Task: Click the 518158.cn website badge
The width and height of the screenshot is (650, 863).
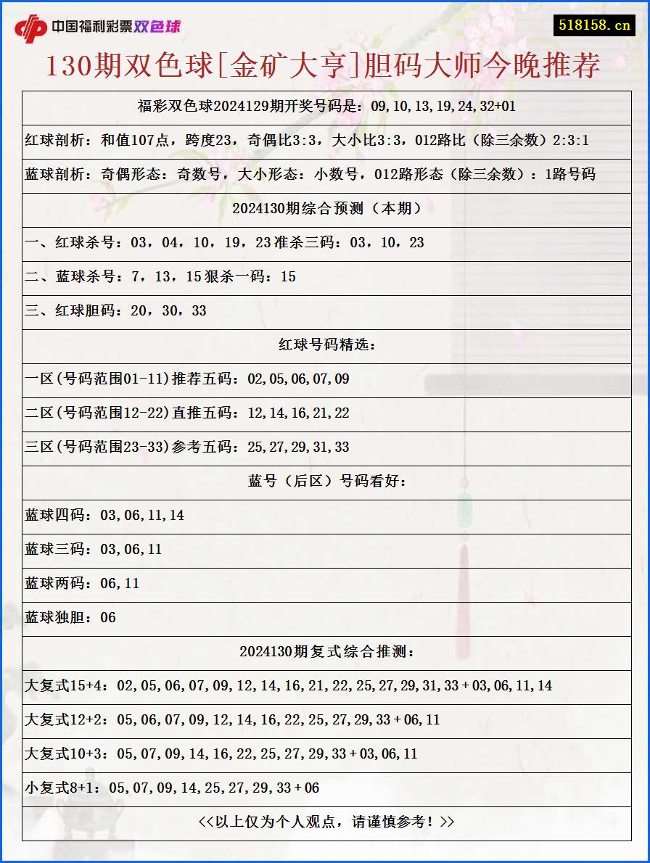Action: tap(593, 25)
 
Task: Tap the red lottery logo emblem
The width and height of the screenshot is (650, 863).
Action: tap(30, 28)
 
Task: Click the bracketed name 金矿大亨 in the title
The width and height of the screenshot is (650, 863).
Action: tap(295, 66)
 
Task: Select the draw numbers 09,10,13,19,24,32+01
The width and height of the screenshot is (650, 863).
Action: tap(443, 106)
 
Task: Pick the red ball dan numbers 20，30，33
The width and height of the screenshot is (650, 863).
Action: tap(168, 310)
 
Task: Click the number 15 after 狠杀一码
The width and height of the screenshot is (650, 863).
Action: tap(288, 276)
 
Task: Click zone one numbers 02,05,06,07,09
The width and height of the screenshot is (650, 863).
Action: tap(298, 379)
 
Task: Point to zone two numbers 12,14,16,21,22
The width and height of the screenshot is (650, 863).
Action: tap(298, 413)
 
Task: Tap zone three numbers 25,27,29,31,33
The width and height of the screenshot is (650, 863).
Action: tap(298, 447)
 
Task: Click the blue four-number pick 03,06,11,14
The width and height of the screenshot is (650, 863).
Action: tap(142, 515)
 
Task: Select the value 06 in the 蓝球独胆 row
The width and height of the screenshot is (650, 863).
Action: tap(108, 617)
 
